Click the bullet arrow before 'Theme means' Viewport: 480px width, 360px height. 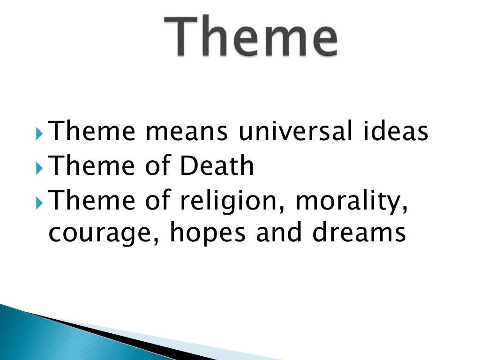39,133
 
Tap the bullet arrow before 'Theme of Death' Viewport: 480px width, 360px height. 39,167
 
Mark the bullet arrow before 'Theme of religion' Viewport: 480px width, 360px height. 39,202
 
